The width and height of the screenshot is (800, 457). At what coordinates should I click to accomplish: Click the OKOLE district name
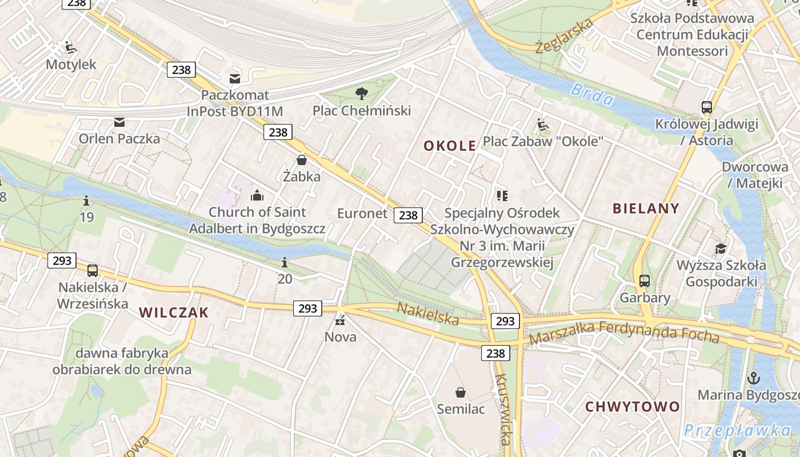click(450, 146)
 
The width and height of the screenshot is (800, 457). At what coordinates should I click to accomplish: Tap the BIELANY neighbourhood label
click(646, 208)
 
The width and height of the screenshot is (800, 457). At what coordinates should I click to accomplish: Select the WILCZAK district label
click(174, 312)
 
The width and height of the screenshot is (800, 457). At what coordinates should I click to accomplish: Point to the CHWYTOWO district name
click(633, 407)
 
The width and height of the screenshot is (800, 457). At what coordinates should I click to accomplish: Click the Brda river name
click(593, 95)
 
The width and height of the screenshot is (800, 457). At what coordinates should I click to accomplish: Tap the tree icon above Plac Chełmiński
click(361, 94)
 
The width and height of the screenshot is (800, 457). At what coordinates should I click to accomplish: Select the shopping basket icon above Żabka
click(302, 160)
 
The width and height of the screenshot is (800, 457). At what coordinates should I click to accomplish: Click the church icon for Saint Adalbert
click(257, 196)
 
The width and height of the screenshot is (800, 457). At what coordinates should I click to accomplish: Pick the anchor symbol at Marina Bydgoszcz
click(754, 378)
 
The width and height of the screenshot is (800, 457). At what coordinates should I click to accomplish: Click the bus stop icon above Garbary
click(645, 280)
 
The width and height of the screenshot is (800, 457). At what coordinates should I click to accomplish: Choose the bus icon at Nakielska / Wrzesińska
click(93, 270)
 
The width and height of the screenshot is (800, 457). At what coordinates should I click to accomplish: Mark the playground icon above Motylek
click(71, 47)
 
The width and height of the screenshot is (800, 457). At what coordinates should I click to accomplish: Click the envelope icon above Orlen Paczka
click(119, 122)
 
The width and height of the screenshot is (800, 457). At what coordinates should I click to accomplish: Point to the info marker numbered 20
click(285, 263)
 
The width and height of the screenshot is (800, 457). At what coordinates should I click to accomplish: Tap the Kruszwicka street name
click(503, 409)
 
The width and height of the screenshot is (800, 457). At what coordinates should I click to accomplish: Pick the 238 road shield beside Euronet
click(408, 215)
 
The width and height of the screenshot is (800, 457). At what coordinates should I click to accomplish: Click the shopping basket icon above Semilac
click(461, 392)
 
